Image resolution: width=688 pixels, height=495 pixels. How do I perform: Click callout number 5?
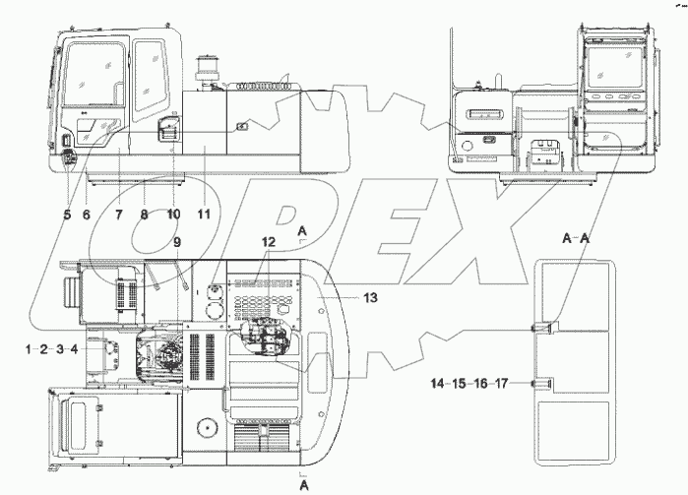67,215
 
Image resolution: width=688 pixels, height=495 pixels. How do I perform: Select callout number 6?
87,215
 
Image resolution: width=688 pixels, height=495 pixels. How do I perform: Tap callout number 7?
118,215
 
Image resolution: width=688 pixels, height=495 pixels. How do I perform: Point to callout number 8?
146,215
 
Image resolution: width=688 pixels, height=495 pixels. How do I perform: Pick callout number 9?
177,241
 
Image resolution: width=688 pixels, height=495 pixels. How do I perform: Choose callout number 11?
205,215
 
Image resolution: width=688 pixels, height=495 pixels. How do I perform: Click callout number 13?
369,295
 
